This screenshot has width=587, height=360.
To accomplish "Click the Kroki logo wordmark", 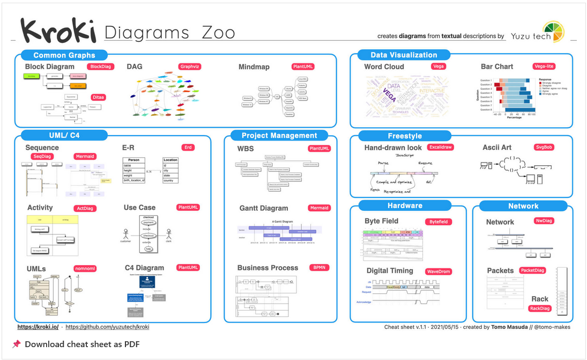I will click(x=58, y=31).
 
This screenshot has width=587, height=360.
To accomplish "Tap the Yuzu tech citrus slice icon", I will click(x=553, y=32).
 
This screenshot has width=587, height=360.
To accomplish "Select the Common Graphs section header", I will click(x=64, y=55).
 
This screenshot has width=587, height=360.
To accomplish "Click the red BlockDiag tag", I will click(x=101, y=67).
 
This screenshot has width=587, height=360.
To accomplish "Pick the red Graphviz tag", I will click(x=190, y=67).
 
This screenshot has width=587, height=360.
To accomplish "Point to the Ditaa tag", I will click(x=99, y=97).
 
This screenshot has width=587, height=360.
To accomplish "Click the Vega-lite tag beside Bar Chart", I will click(x=544, y=67).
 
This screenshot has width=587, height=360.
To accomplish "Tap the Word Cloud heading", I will click(x=384, y=67).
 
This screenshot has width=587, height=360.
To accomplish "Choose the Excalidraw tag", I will click(x=441, y=147).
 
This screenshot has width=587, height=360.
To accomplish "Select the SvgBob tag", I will click(x=544, y=147).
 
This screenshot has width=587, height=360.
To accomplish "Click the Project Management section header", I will click(x=279, y=136).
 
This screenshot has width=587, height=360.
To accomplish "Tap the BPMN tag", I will click(x=319, y=267).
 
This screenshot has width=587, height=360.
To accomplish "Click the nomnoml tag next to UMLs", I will click(x=85, y=268).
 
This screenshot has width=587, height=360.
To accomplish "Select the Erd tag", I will click(x=188, y=147).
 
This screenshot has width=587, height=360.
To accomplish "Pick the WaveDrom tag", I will click(x=438, y=271).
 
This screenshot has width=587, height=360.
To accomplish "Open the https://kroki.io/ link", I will click(x=38, y=327).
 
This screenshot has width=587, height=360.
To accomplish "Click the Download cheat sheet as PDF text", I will click(x=82, y=344).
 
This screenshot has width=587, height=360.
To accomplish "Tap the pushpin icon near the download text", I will click(x=16, y=344).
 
